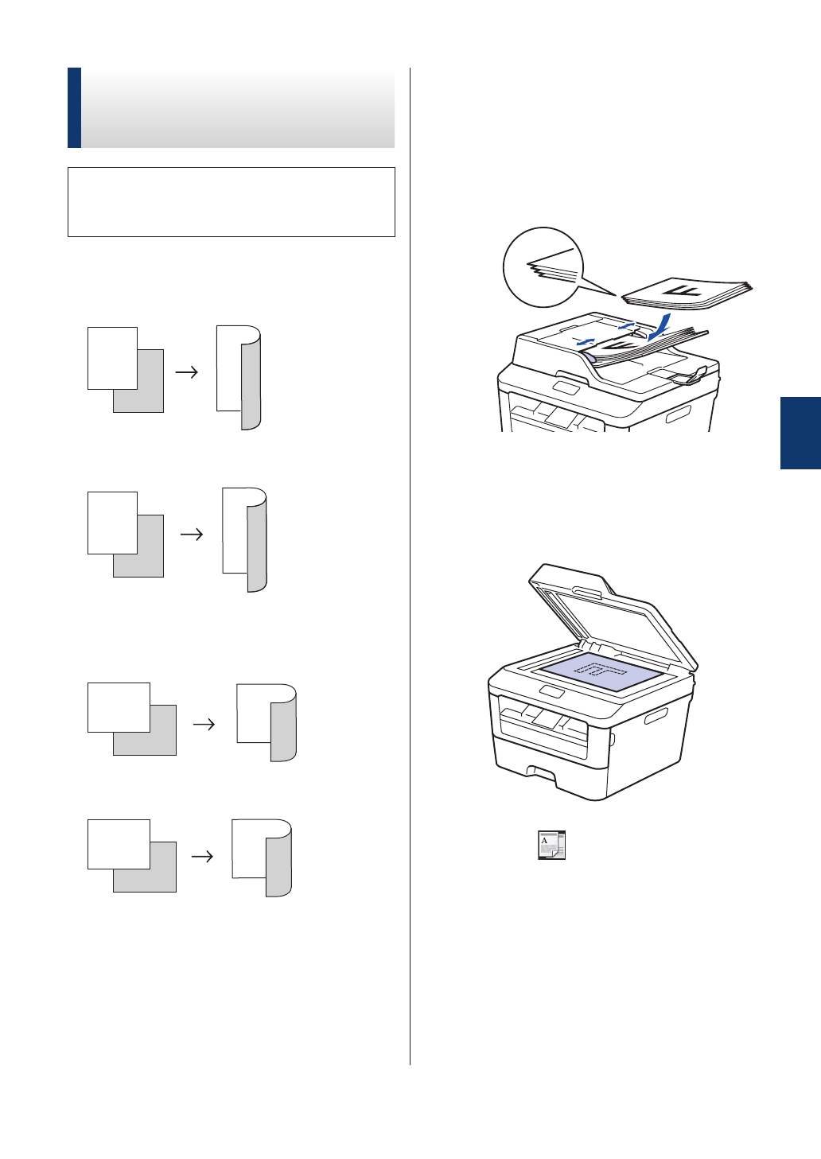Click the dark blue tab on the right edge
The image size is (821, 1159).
800,433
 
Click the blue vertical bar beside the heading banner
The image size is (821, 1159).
74,107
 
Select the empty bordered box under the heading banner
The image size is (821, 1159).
231,201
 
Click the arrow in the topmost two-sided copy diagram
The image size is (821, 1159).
186,371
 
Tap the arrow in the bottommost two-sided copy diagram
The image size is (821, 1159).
203,856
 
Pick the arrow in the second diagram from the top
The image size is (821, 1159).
192,535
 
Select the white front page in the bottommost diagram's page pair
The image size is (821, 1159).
118,843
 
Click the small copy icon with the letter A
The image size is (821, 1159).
551,846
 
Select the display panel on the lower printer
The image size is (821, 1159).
551,691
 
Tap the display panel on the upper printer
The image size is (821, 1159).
566,387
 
